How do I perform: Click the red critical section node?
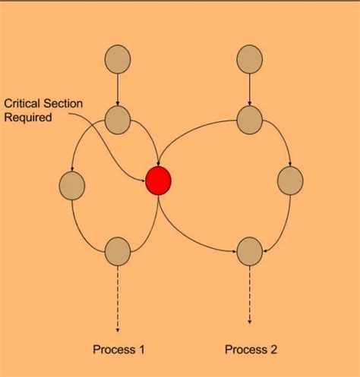(x=159, y=181)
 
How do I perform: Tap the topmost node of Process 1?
(x=118, y=60)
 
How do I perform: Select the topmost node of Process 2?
(x=250, y=59)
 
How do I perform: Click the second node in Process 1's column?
(x=118, y=118)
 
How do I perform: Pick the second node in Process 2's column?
(x=250, y=118)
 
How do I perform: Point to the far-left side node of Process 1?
(x=71, y=184)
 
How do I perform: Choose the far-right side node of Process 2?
(x=290, y=181)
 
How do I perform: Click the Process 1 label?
(x=118, y=349)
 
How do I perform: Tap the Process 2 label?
(x=251, y=349)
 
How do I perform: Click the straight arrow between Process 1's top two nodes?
(x=118, y=90)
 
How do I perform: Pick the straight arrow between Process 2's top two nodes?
(x=250, y=89)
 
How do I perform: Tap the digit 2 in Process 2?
(x=273, y=349)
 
